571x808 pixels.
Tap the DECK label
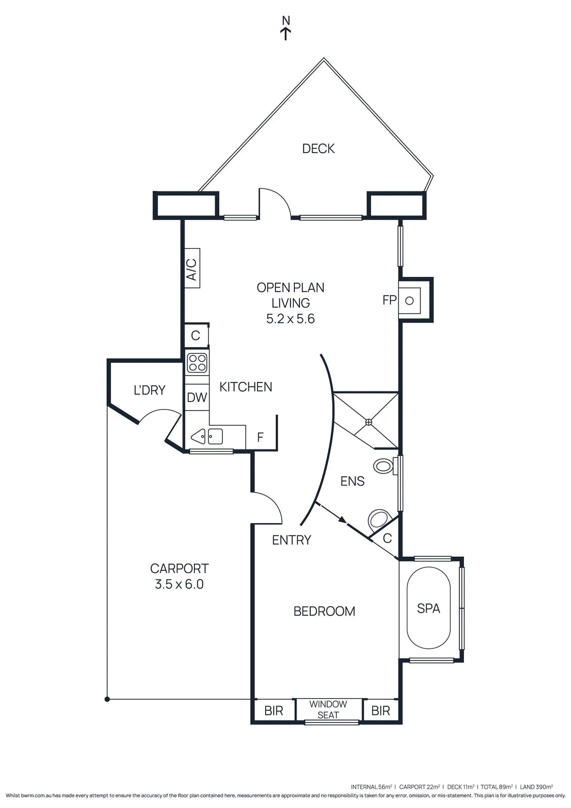[x=318, y=148]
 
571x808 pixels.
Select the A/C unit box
[x=192, y=268]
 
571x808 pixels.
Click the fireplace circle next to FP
[x=409, y=300]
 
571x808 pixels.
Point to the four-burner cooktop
[x=197, y=363]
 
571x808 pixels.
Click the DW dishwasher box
[x=197, y=397]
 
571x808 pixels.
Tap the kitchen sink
[x=207, y=436]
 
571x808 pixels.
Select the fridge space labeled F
[x=261, y=437]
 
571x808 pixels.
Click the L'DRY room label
[x=149, y=390]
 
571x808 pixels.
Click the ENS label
[x=352, y=481]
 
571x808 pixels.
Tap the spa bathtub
[x=429, y=609]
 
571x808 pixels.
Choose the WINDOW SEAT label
[x=328, y=710]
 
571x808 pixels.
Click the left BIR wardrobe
[x=274, y=711]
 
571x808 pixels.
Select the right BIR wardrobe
[x=381, y=711]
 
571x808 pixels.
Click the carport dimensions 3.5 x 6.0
[x=179, y=584]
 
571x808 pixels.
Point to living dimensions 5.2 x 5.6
[x=290, y=319]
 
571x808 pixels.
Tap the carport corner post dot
[x=107, y=699]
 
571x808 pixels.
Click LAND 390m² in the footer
[x=536, y=787]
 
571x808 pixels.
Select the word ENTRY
[x=291, y=540]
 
